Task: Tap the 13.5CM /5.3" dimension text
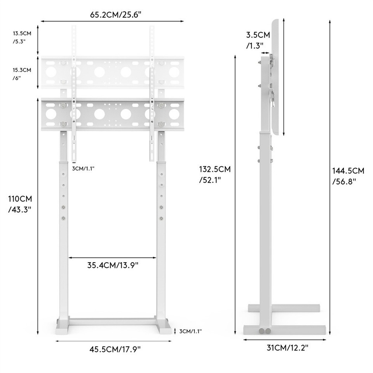click(22, 37)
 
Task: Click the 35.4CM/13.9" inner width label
click(113, 265)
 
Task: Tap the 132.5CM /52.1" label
click(214, 174)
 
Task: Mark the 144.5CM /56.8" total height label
click(348, 176)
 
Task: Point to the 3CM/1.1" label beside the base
click(190, 331)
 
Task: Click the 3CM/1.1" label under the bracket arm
click(83, 168)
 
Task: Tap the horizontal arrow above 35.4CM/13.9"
click(112, 257)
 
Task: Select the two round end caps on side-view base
click(265, 331)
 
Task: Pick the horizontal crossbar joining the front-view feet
click(113, 321)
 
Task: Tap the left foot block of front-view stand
click(62, 326)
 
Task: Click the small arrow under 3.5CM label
click(266, 53)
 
